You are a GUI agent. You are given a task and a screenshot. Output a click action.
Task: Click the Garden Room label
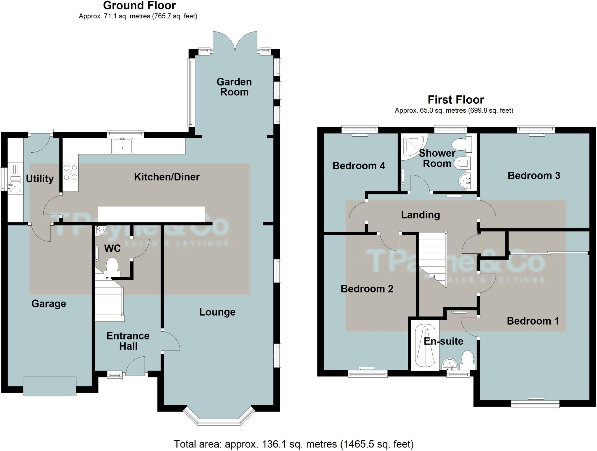pos(234,87)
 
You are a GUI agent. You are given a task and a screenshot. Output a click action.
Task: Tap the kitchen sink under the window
pos(122,146)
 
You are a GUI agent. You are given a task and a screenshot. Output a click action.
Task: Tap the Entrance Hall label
pos(128,341)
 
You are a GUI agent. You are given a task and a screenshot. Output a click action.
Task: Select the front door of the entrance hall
pos(135,377)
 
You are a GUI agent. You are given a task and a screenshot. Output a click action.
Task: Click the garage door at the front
pos(50,386)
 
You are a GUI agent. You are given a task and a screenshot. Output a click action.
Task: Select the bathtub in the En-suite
pos(425,346)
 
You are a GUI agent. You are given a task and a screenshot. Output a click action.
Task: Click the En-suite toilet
pos(468,360)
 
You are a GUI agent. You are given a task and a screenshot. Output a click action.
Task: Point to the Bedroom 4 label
pos(359,166)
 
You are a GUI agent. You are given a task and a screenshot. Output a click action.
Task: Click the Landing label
pos(420,215)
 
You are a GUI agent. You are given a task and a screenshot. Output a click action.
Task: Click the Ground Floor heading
pos(139,6)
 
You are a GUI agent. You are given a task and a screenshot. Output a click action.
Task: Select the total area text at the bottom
pos(294,444)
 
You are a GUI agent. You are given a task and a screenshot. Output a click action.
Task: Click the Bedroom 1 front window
pos(535,404)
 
